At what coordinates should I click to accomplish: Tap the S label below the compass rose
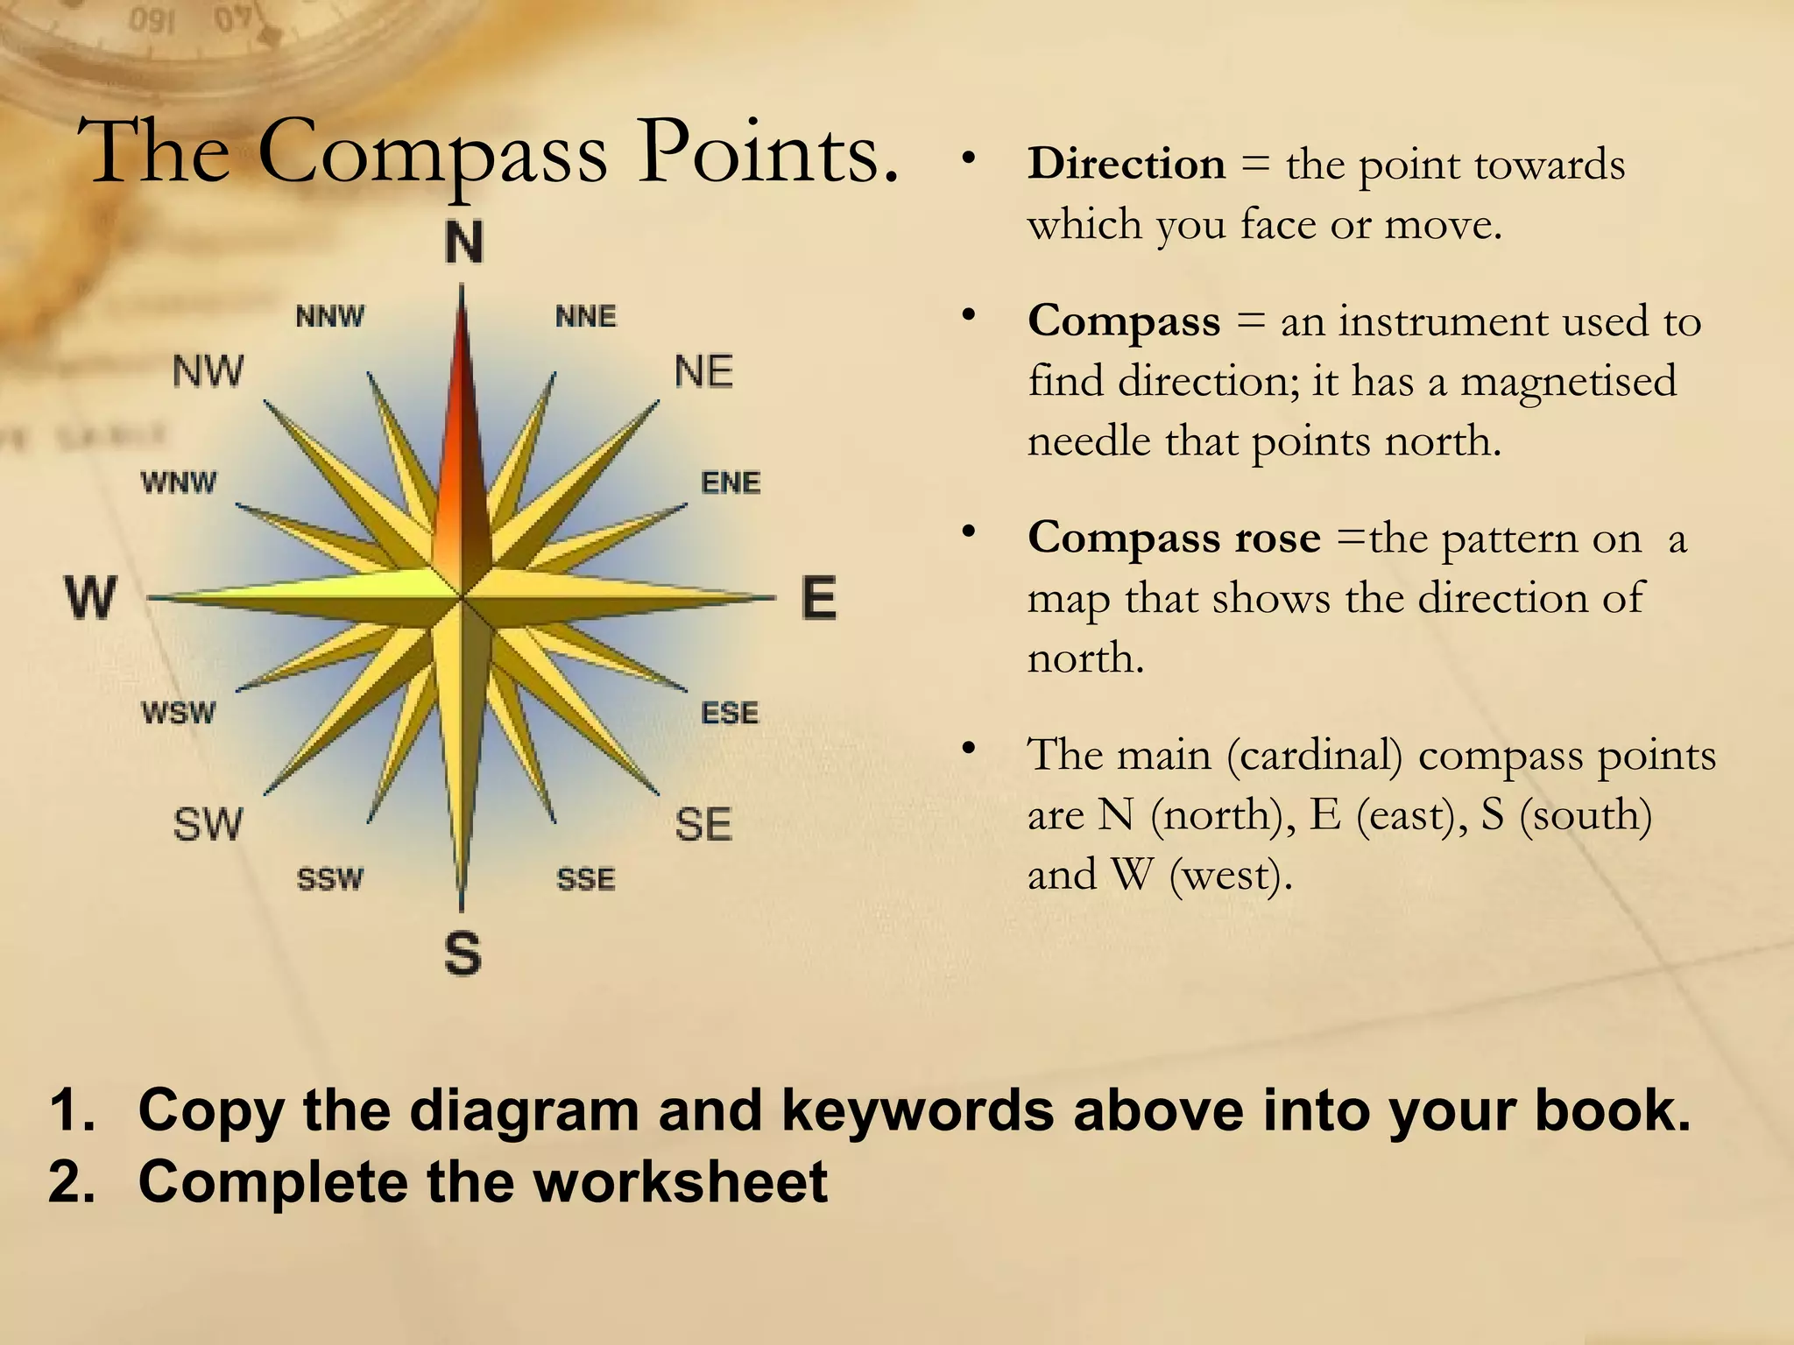pos(463,954)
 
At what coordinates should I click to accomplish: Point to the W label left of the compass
pos(91,598)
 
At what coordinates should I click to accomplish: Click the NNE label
pos(586,316)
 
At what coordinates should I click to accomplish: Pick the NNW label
pos(330,316)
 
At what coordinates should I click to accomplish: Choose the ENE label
pos(731,482)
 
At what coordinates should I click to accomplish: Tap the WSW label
pos(179,713)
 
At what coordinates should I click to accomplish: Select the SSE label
pos(586,878)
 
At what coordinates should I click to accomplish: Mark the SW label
pos(208,825)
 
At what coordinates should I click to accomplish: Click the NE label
pos(703,372)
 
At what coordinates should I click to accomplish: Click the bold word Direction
pos(1127,164)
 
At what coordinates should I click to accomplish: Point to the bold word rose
pos(1276,538)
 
